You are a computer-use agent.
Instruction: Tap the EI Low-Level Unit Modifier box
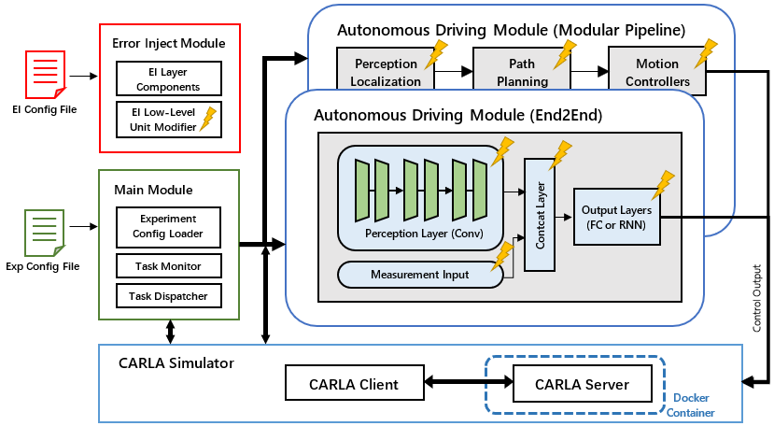click(x=169, y=120)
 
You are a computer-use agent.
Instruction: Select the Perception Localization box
click(x=387, y=72)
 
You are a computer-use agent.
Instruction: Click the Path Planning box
click(x=521, y=72)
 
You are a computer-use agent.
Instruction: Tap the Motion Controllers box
click(x=657, y=72)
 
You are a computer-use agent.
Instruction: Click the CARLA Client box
click(x=355, y=383)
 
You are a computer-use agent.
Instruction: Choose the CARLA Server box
click(x=582, y=383)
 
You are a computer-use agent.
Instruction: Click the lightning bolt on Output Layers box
click(x=664, y=184)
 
